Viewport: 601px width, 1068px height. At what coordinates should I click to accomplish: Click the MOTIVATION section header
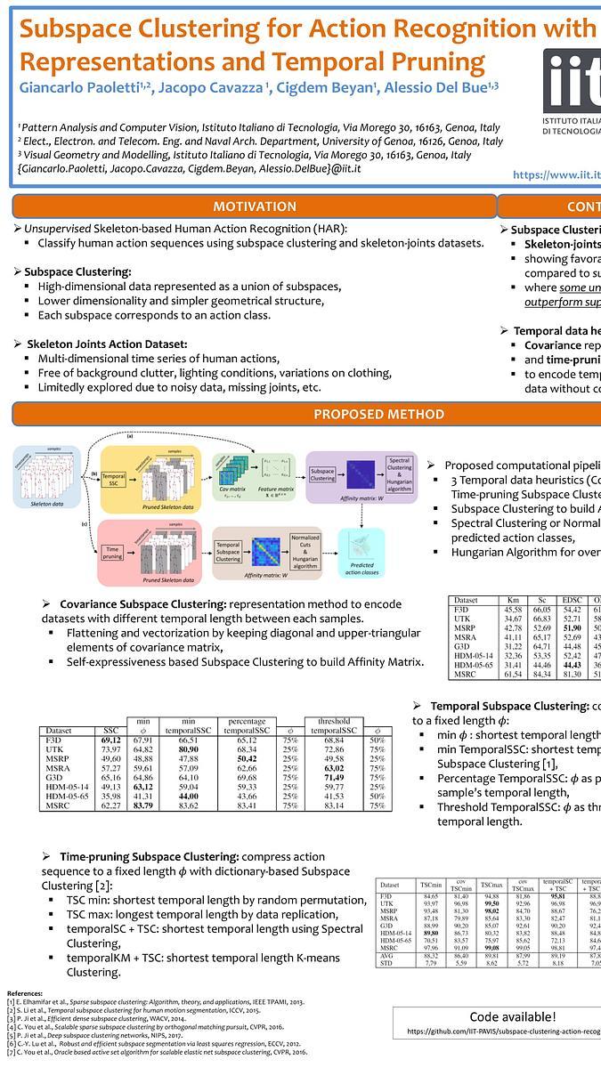[x=254, y=206]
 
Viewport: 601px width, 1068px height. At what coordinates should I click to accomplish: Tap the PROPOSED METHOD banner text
[x=378, y=414]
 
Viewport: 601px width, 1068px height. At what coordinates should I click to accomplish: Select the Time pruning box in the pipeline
[x=114, y=552]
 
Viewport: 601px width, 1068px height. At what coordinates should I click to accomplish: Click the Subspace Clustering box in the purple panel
[x=321, y=474]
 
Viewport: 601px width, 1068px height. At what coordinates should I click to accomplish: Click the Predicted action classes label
[x=361, y=571]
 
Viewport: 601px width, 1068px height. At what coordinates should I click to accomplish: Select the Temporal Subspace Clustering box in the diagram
[x=229, y=552]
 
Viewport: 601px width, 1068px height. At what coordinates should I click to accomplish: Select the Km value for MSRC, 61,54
[x=514, y=676]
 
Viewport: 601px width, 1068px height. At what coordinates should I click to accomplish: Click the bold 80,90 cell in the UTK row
[x=188, y=750]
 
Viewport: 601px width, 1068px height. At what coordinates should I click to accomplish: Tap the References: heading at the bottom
[x=29, y=991]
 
